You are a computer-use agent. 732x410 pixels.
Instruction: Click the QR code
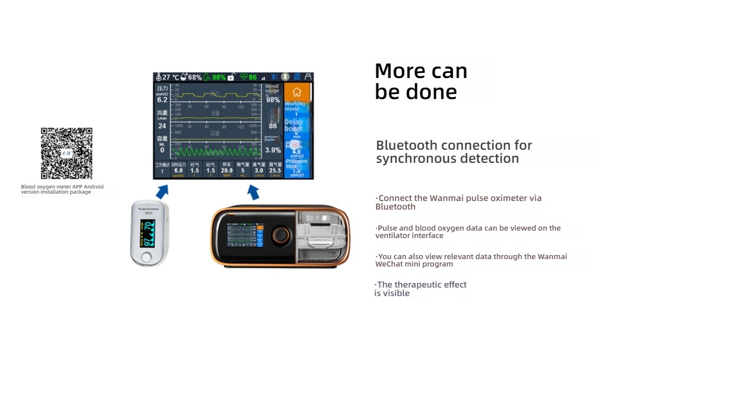pyautogui.click(x=67, y=153)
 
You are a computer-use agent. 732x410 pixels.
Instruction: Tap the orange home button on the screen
pyautogui.click(x=297, y=92)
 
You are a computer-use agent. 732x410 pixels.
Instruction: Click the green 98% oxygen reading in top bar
pyautogui.click(x=219, y=77)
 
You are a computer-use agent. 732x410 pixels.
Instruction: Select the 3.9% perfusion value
pyautogui.click(x=273, y=150)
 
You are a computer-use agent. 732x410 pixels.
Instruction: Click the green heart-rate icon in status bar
pyautogui.click(x=244, y=77)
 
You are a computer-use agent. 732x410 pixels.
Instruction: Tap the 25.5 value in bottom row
pyautogui.click(x=275, y=170)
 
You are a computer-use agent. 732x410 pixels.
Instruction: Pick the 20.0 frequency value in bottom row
pyautogui.click(x=227, y=170)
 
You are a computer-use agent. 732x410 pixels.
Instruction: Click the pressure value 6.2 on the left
pyautogui.click(x=162, y=100)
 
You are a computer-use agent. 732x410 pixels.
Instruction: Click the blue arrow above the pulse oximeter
pyautogui.click(x=162, y=191)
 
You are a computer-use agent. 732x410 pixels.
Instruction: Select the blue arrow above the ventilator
pyautogui.click(x=253, y=192)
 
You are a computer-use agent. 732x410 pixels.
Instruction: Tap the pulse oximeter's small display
pyautogui.click(x=148, y=232)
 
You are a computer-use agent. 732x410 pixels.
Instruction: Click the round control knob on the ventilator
pyautogui.click(x=280, y=235)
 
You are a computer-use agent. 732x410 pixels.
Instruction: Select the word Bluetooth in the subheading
pyautogui.click(x=407, y=145)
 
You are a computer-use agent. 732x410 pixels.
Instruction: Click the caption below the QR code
pyautogui.click(x=62, y=189)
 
